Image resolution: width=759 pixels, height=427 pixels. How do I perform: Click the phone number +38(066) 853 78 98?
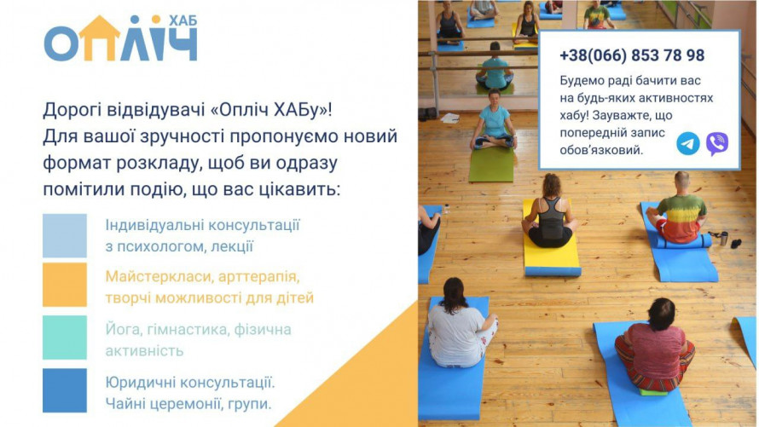point(632,55)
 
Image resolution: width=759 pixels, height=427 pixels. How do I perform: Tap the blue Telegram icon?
point(688,144)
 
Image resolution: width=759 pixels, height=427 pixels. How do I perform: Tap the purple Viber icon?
point(717,144)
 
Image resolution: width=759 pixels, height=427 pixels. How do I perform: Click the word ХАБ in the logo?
point(183,20)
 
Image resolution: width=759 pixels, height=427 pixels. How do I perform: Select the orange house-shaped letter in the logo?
point(99,38)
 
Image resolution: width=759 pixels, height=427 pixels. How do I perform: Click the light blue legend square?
point(64,235)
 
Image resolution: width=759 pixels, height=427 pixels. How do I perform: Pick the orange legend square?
point(64,285)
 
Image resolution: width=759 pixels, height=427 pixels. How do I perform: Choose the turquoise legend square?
point(64,338)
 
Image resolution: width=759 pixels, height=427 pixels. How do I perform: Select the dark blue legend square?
point(64,390)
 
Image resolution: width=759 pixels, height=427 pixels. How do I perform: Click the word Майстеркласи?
point(159,277)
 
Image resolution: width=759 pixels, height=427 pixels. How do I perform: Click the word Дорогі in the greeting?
point(72,110)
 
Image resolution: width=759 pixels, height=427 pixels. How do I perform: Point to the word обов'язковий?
point(602,150)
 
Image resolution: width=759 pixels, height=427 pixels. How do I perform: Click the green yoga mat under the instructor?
point(491,164)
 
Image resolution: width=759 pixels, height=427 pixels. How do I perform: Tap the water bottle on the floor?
point(724,238)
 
